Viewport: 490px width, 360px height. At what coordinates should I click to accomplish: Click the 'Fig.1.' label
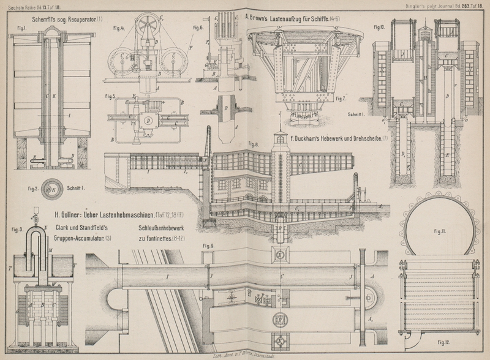(21, 29)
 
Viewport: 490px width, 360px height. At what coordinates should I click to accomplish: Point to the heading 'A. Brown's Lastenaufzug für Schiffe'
(292, 19)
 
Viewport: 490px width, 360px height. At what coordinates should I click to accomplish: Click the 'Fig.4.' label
(119, 28)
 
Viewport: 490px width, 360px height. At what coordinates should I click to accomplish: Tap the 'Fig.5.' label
(110, 96)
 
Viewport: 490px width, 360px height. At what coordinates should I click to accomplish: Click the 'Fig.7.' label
(341, 99)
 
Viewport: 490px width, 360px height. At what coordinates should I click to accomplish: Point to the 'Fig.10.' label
(379, 28)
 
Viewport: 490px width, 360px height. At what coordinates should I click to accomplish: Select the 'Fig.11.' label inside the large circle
(439, 231)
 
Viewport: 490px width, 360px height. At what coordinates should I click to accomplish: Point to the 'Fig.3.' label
(17, 229)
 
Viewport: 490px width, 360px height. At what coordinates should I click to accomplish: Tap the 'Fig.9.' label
(208, 246)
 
